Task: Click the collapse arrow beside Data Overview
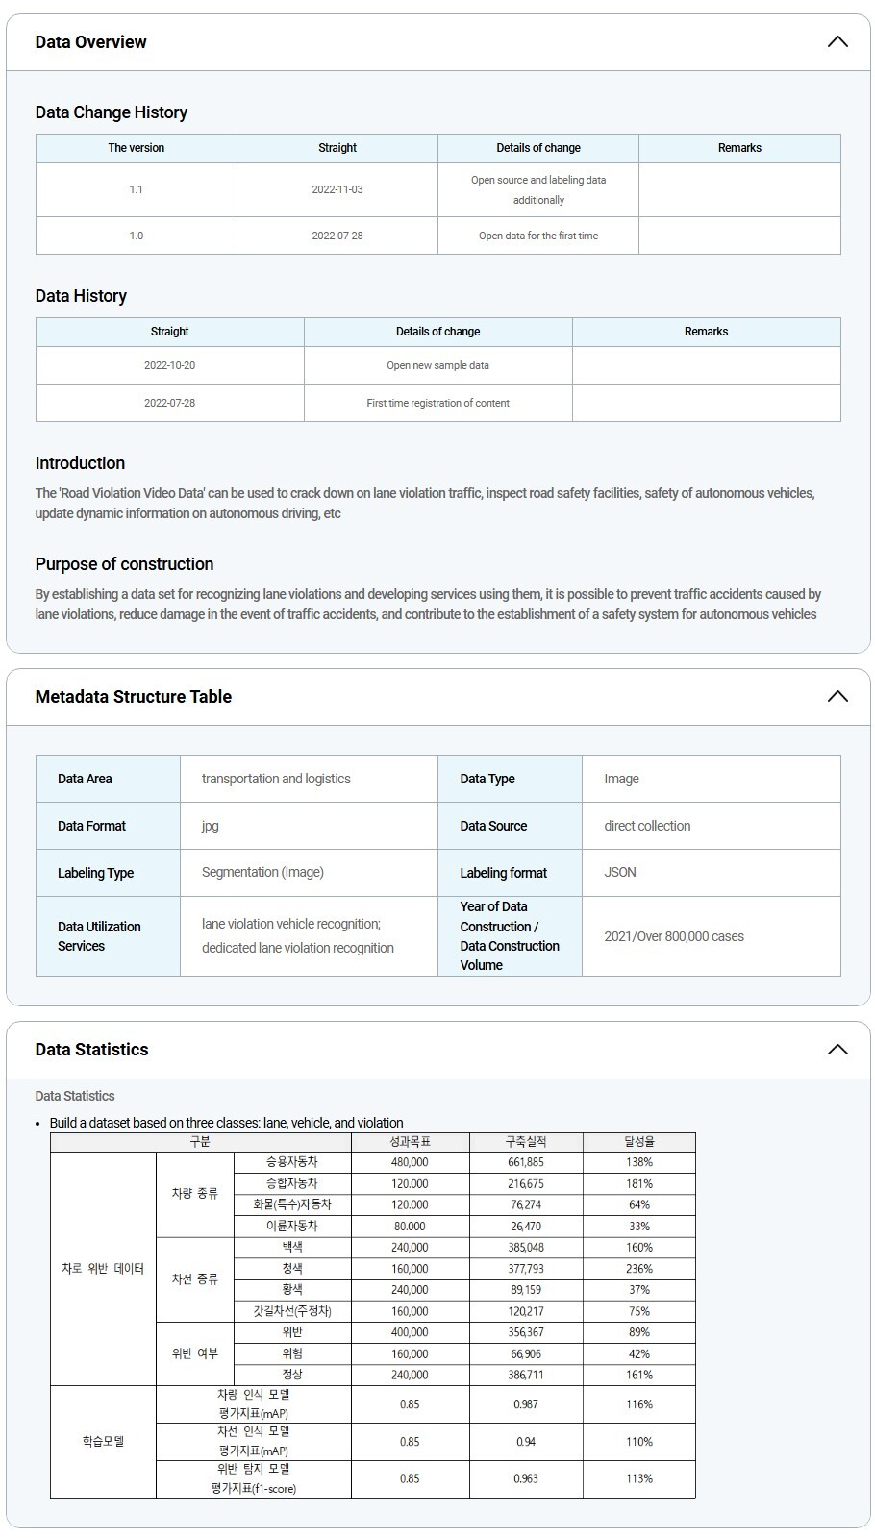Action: point(837,42)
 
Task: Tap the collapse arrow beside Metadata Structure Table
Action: point(837,697)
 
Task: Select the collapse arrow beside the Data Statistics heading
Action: point(837,1050)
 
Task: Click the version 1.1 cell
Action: point(137,189)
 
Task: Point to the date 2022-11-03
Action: point(337,189)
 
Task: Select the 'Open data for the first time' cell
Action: point(538,236)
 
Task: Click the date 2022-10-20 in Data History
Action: point(169,365)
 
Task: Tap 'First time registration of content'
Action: point(437,403)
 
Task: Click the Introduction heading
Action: point(80,463)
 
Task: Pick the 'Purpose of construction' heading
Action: point(124,564)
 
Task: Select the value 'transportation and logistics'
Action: point(276,779)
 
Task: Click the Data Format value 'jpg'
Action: point(211,826)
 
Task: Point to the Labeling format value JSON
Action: point(620,873)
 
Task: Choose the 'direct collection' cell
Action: point(647,826)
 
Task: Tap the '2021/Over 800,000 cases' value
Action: point(674,936)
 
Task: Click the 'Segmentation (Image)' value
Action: point(262,873)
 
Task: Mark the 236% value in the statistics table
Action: point(638,1269)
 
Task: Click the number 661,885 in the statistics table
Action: point(526,1162)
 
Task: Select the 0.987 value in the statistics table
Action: point(526,1404)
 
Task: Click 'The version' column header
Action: point(137,148)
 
